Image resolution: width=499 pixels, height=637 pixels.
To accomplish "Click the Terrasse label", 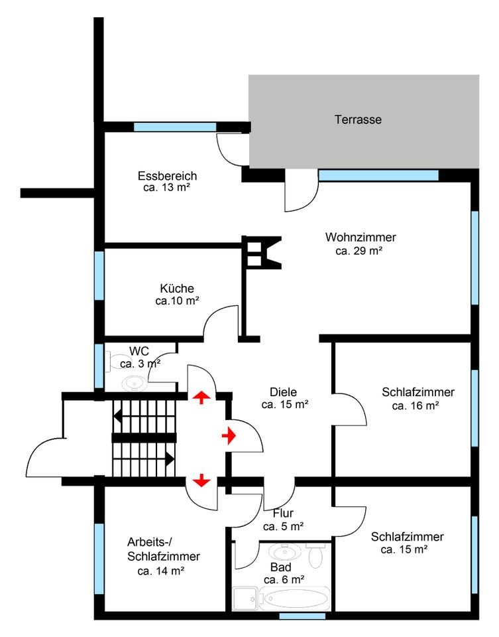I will (358, 120).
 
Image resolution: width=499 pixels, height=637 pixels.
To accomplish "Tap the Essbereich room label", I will (167, 177).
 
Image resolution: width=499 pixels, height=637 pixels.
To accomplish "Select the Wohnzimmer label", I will (360, 238).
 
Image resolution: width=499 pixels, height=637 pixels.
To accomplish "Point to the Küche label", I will (177, 289).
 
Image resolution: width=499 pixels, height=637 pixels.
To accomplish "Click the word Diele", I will (284, 391).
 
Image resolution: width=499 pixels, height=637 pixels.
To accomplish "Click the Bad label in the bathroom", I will (280, 567).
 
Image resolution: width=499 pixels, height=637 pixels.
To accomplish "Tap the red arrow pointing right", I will (229, 436).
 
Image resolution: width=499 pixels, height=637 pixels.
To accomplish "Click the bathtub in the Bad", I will (295, 599).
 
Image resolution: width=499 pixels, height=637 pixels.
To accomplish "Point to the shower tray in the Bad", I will (245, 599).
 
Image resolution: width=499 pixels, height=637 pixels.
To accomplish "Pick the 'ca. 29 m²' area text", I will (359, 251).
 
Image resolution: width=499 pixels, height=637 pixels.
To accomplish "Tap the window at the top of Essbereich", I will (175, 127).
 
